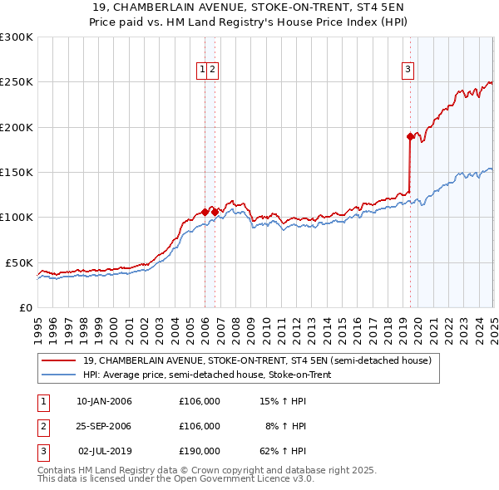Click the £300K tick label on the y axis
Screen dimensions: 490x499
click(16, 37)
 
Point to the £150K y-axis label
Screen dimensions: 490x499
click(16, 173)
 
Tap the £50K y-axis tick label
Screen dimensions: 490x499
click(19, 262)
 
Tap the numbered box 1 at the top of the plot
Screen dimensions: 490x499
click(202, 71)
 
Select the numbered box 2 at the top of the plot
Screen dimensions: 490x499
click(213, 71)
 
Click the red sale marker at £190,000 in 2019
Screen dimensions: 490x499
click(410, 136)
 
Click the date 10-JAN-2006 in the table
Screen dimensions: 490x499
click(104, 401)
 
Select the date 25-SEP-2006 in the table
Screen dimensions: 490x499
click(104, 426)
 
